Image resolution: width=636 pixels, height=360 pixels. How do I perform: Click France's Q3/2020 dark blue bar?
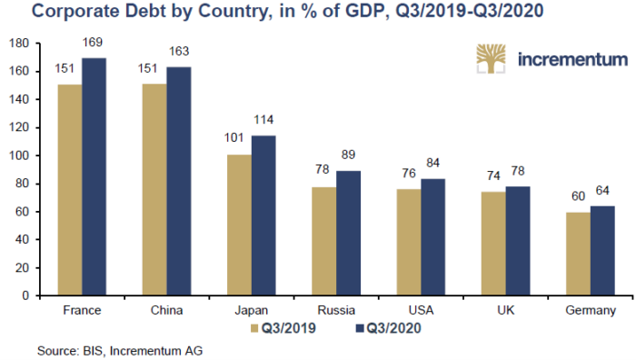94,176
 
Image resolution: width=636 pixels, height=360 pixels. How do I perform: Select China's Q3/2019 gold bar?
154,189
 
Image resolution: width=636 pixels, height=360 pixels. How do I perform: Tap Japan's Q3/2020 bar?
263,215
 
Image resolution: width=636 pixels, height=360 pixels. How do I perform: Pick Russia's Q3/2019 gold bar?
324,241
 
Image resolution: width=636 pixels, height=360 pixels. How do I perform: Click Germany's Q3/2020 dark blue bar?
602,251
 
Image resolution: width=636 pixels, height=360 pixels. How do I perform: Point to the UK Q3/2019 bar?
493,244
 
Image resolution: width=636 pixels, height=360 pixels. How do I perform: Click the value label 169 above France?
93,42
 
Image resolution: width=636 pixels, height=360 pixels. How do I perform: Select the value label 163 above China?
179,51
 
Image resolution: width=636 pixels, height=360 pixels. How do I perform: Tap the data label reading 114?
263,120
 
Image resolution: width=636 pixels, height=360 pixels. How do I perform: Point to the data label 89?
348,155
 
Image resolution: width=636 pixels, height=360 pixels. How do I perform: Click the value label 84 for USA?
432,163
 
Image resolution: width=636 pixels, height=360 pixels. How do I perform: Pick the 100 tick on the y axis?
19,155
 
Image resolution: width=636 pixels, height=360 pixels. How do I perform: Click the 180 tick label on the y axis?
19,44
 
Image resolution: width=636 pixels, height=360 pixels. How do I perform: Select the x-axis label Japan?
252,311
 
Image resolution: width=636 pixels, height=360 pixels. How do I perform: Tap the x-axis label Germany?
591,311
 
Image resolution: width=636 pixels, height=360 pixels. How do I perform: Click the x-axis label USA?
421,311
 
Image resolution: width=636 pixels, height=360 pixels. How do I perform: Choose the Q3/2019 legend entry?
283,328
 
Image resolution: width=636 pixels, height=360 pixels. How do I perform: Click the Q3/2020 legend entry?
388,328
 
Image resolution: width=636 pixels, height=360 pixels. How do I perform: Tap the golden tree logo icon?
491,59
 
